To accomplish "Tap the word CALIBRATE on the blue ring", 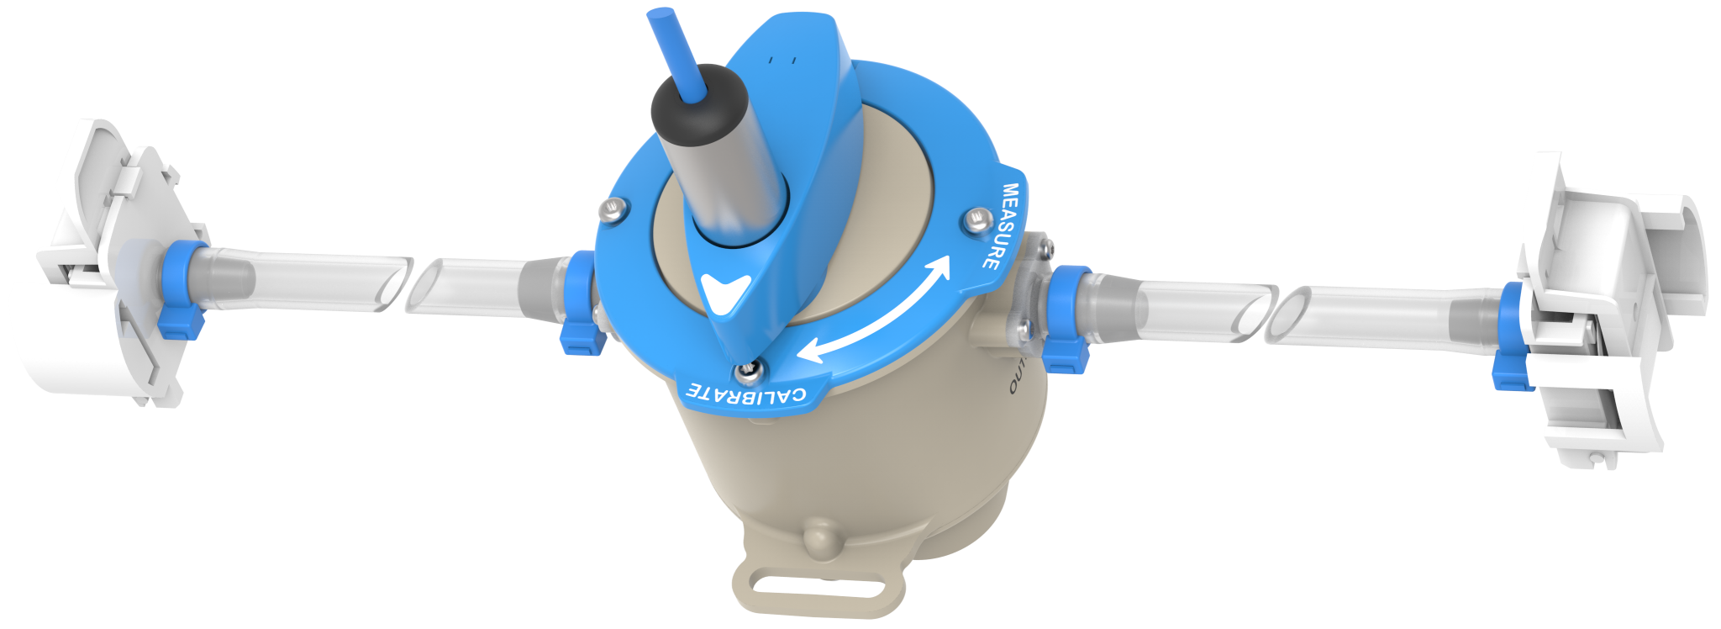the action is (x=746, y=393).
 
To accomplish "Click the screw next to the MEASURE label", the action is (x=976, y=220).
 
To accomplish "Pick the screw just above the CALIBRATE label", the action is (x=747, y=370).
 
